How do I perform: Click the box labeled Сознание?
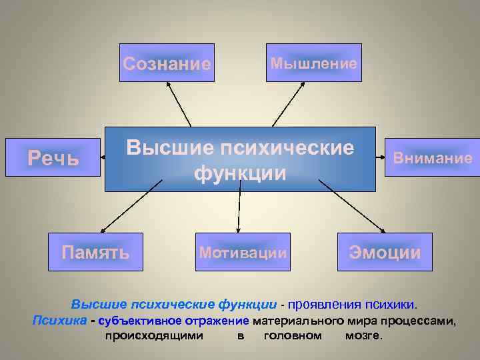coord(167,63)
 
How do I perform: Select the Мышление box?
coord(313,63)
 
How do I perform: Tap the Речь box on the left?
coord(53,159)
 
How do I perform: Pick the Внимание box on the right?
coord(432,158)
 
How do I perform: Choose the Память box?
coord(95,252)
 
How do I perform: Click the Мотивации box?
coord(243,252)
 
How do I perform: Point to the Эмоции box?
coord(385,252)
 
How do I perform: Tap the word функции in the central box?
coord(240,173)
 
